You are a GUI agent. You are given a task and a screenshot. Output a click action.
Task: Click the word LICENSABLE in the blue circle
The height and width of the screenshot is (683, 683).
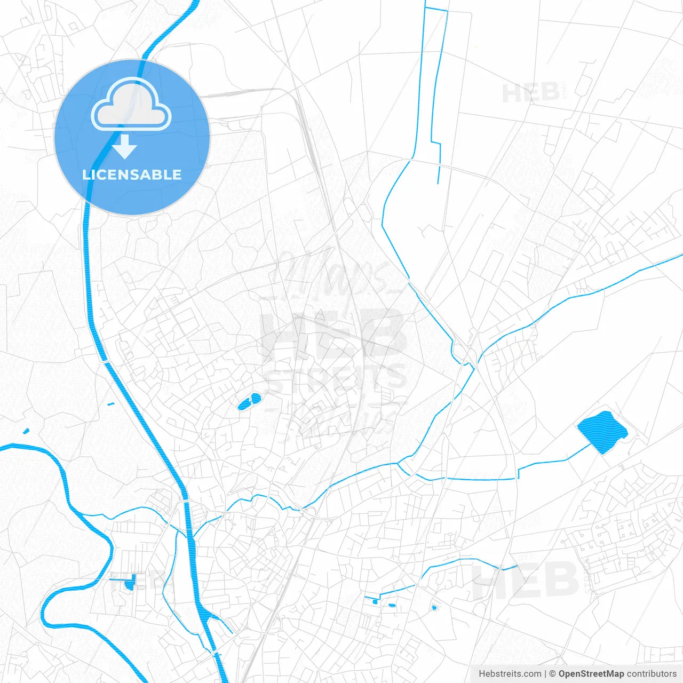[132, 174]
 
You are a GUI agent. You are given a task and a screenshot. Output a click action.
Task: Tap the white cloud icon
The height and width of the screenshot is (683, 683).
[131, 105]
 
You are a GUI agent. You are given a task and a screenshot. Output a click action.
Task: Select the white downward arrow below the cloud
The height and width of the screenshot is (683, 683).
[125, 147]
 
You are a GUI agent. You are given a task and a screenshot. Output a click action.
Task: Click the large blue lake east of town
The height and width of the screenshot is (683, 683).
[602, 432]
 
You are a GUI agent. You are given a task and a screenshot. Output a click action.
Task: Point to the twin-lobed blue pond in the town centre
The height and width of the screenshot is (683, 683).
[249, 402]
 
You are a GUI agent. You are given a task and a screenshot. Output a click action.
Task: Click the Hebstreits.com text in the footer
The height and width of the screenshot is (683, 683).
[510, 674]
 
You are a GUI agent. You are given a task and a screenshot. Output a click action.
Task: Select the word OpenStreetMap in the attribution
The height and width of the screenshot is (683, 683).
[591, 674]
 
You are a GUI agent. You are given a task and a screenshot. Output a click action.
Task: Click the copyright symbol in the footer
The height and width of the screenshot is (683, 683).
[553, 674]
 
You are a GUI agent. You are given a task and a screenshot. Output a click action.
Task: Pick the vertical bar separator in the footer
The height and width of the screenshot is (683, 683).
[546, 674]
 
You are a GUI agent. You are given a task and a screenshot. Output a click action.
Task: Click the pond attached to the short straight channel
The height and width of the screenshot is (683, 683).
[130, 585]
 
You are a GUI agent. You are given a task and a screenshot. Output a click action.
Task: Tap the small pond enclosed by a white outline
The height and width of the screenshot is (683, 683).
[434, 607]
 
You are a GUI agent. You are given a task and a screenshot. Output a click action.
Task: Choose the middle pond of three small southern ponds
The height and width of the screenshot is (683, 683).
[392, 605]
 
